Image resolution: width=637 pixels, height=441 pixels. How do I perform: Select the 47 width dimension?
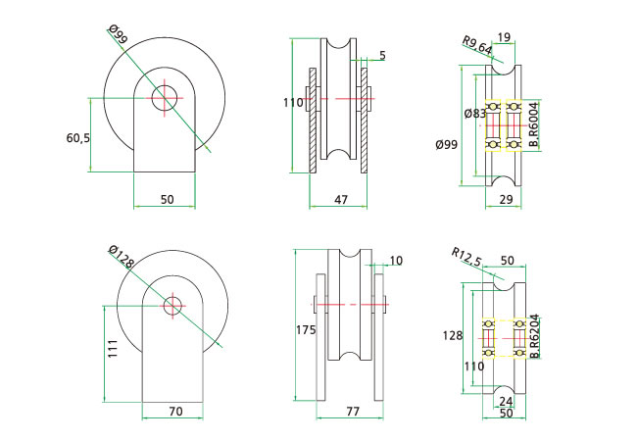click(x=341, y=199)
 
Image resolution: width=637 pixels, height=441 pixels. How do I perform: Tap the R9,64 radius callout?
click(x=477, y=44)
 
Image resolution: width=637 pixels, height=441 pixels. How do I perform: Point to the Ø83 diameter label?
click(x=474, y=114)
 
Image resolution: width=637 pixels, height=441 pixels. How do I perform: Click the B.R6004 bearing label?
click(x=533, y=125)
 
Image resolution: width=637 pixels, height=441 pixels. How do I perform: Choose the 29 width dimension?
click(x=506, y=199)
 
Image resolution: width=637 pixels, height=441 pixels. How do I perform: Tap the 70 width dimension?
click(x=174, y=412)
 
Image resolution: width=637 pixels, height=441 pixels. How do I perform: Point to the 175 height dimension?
click(x=306, y=330)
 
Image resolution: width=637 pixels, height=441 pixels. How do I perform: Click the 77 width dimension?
click(x=351, y=413)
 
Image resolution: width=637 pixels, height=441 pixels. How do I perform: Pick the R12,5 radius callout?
click(x=467, y=257)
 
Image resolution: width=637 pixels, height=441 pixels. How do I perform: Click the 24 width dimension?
click(x=505, y=400)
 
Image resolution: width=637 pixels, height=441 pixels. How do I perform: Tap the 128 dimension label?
click(x=452, y=335)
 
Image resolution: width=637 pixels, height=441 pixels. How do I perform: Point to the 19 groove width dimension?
click(x=504, y=38)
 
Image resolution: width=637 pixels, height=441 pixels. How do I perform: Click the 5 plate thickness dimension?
click(x=381, y=56)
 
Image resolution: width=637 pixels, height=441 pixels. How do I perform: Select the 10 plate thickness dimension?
click(x=395, y=261)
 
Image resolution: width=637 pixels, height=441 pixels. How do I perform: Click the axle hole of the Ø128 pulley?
click(x=173, y=305)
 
